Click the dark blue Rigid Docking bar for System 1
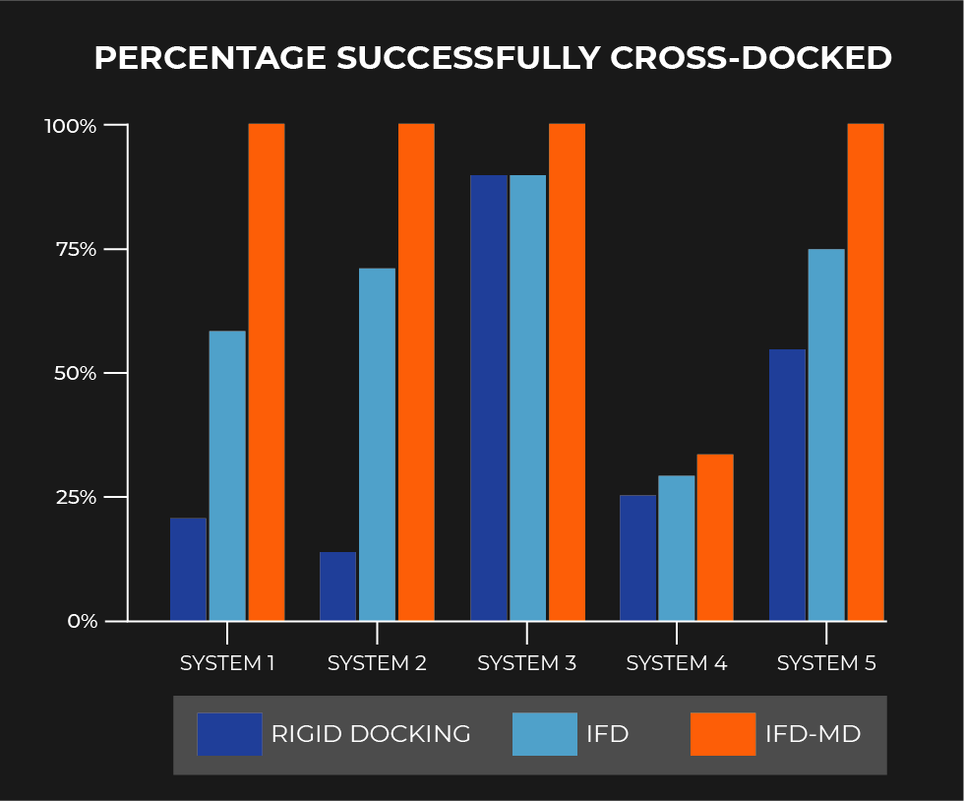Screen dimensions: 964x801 [x=188, y=569]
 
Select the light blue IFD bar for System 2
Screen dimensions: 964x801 [x=377, y=444]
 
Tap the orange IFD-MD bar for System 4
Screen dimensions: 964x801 [x=715, y=537]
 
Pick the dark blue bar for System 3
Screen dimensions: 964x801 [x=489, y=398]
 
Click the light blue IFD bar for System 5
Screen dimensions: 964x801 [x=826, y=435]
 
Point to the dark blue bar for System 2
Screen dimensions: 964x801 [x=337, y=586]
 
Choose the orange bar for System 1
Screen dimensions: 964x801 [x=267, y=372]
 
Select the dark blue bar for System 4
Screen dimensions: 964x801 [x=638, y=558]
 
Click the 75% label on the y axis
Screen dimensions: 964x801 [x=77, y=249]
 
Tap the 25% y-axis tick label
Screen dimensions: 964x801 [x=77, y=497]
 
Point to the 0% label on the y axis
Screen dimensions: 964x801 [x=83, y=621]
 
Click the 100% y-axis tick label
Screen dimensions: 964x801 [x=71, y=126]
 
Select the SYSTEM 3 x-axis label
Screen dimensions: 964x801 [x=527, y=663]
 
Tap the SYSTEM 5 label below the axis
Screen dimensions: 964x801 [x=826, y=663]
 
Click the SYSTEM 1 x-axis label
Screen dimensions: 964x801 [x=227, y=663]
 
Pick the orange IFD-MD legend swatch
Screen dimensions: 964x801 [x=723, y=734]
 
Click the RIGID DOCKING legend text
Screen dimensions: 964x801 [x=371, y=734]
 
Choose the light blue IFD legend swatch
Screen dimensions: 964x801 [x=545, y=734]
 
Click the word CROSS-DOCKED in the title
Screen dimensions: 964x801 [x=751, y=58]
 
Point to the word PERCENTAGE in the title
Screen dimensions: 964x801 [x=211, y=58]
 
